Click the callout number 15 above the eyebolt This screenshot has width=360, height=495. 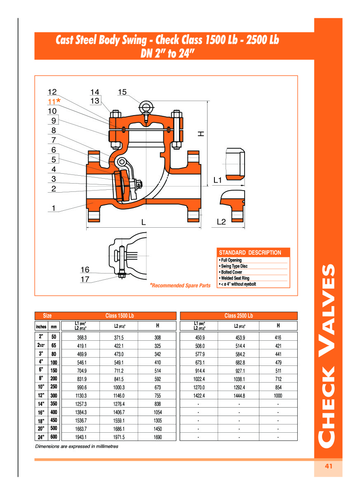click(x=122, y=92)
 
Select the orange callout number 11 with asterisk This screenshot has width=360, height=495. click(x=54, y=101)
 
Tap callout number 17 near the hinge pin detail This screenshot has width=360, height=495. click(x=85, y=280)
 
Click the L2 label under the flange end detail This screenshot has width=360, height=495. click(x=221, y=222)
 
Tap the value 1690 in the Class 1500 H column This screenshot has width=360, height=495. click(x=158, y=437)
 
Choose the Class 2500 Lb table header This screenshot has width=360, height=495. click(x=238, y=316)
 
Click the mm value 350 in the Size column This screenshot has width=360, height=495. click(x=54, y=403)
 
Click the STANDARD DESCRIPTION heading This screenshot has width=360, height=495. click(x=250, y=252)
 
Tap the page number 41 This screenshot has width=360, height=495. click(x=328, y=466)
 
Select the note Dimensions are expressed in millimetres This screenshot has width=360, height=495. click(x=77, y=446)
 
